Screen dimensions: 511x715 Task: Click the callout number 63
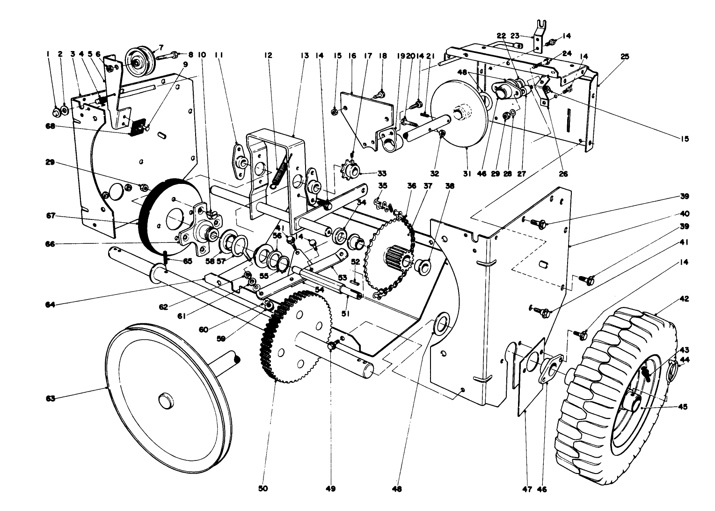[50, 398]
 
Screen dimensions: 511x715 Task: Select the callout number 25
[625, 56]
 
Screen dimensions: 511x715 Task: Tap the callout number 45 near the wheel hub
[682, 407]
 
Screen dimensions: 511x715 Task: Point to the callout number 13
[305, 55]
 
